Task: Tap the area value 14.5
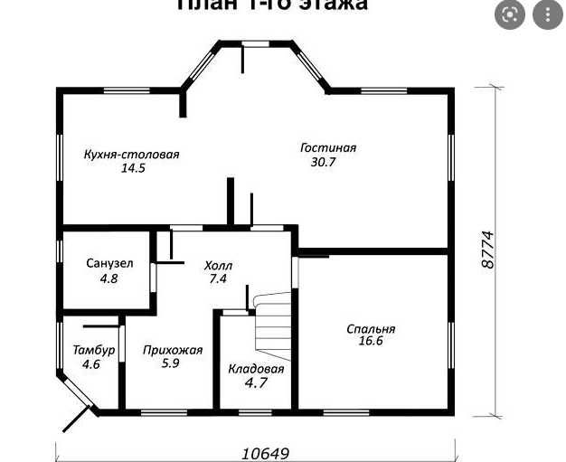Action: tap(133, 168)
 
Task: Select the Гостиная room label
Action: tap(329, 148)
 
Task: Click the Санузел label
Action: tap(110, 264)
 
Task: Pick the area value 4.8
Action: tap(108, 278)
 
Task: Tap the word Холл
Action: tap(219, 266)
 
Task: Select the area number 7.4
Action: tap(217, 279)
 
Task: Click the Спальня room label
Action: tap(371, 329)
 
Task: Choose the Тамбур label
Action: tap(94, 351)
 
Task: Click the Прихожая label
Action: tap(173, 350)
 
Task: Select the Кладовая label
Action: tap(256, 369)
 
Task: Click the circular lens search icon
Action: tap(511, 14)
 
